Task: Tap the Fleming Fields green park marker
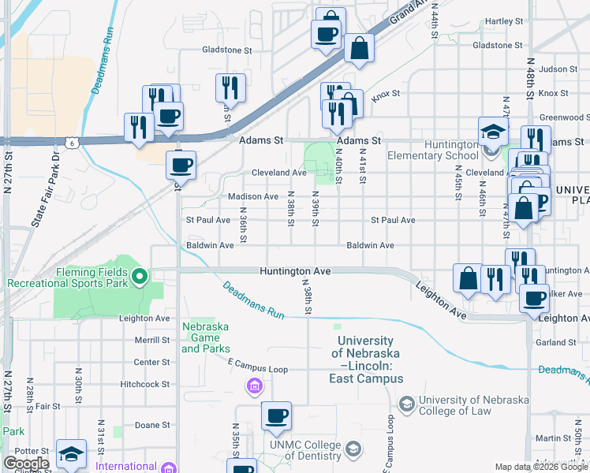click(x=140, y=276)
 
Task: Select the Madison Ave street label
click(x=252, y=196)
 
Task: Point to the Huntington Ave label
click(x=295, y=270)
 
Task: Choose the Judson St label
click(x=559, y=69)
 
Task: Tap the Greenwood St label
click(x=559, y=117)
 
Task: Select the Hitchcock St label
click(x=144, y=385)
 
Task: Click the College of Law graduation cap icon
click(x=406, y=405)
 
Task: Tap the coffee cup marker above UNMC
click(x=276, y=417)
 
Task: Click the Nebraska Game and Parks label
click(x=206, y=337)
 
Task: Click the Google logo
click(x=27, y=464)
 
